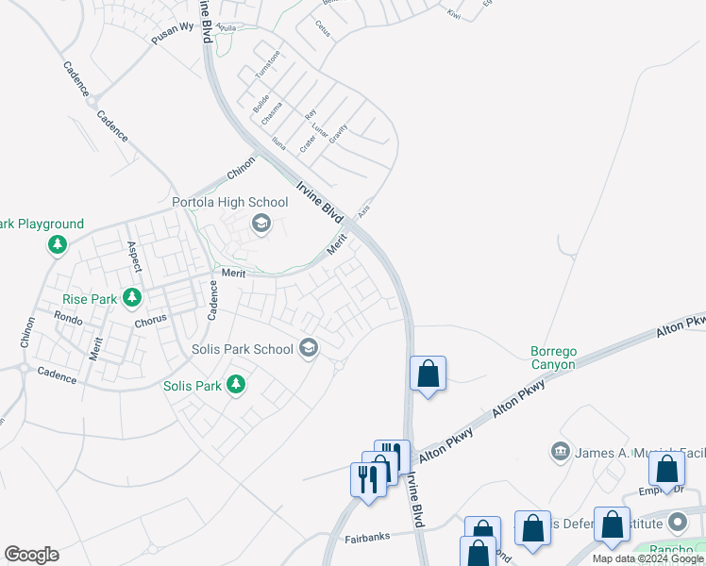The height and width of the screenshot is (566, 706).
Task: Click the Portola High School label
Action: coord(229,202)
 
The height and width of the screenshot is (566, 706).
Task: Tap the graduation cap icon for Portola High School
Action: coord(261,224)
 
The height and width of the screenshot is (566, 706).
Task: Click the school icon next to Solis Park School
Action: coord(308,349)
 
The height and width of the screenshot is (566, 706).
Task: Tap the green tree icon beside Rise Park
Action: coord(132,298)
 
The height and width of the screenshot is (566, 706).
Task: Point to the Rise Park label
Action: coord(90,299)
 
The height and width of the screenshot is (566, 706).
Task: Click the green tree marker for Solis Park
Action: coord(236,385)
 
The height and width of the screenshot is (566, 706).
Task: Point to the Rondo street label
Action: coord(68,318)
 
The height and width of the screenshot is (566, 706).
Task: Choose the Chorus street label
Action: coord(150,318)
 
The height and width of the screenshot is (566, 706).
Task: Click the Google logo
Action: coord(31,555)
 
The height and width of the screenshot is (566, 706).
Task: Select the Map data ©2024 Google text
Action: coord(647,558)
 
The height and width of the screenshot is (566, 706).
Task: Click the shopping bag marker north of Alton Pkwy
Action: coord(429,374)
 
